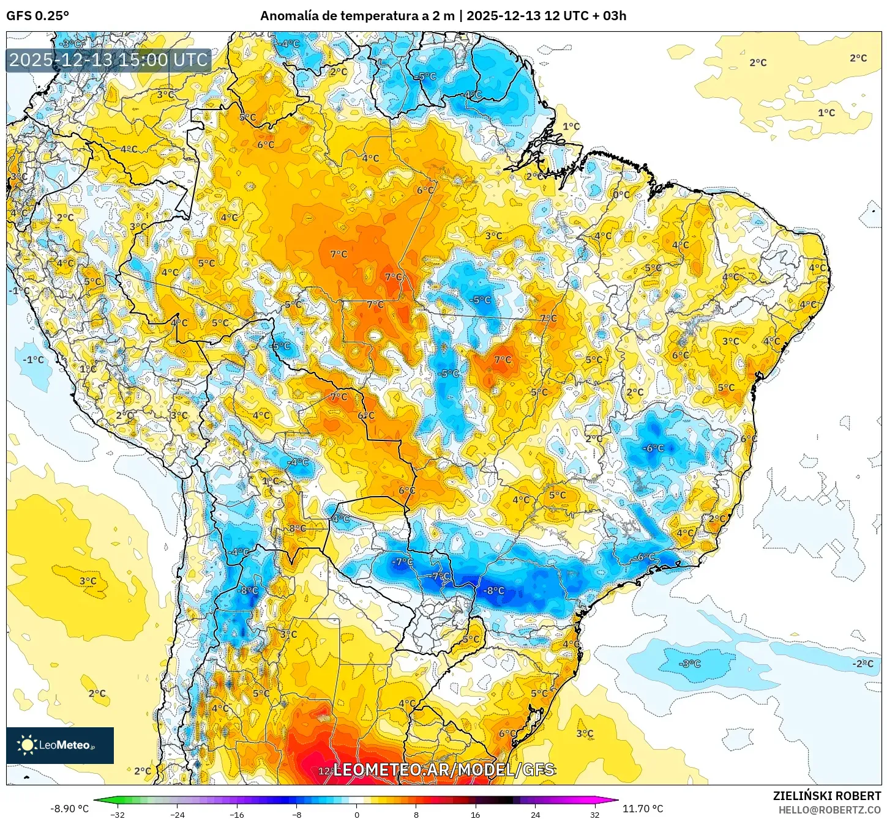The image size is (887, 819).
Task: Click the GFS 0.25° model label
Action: tap(37, 16)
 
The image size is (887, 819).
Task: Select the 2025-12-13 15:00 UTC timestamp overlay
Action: tap(108, 60)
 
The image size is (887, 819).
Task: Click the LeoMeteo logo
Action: tap(60, 745)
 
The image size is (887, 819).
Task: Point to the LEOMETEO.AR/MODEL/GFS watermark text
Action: tap(444, 769)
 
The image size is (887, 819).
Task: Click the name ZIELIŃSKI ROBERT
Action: tap(826, 796)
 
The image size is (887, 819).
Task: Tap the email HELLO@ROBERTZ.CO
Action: tap(829, 810)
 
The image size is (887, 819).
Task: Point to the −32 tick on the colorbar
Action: tap(117, 815)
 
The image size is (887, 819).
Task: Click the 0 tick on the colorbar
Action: tap(357, 815)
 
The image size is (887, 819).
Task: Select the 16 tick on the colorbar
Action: tap(476, 815)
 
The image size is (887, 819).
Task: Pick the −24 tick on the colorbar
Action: tap(177, 815)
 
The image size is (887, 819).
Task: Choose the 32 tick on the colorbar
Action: tap(595, 815)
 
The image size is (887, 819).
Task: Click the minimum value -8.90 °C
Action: tap(69, 809)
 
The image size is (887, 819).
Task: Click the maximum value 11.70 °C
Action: tap(643, 809)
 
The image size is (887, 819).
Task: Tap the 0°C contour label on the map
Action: tap(621, 195)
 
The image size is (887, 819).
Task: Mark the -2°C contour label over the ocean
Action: tap(863, 664)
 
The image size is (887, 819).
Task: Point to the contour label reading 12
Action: tap(324, 771)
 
